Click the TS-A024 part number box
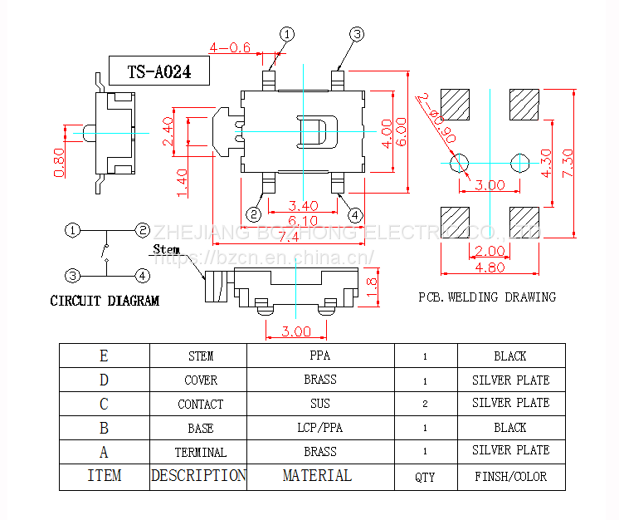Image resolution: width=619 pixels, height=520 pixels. click(158, 72)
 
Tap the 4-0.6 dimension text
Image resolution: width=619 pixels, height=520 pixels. click(230, 47)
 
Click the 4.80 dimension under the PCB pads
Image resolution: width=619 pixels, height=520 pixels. click(490, 267)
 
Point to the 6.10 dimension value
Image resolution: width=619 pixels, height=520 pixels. click(303, 221)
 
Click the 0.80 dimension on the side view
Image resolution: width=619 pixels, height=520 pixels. click(59, 163)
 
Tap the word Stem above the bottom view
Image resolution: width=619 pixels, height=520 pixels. click(166, 249)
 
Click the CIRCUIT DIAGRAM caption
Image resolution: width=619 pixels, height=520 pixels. click(105, 301)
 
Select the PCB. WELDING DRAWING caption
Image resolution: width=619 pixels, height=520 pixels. click(487, 297)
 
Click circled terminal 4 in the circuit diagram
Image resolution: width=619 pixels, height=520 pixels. click(143, 275)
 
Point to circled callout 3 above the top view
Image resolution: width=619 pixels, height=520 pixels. click(357, 34)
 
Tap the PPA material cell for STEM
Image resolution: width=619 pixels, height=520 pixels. click(319, 356)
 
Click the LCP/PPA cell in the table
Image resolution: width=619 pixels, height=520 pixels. click(319, 428)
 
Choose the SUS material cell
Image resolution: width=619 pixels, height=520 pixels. click(319, 404)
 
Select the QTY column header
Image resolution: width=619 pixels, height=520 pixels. click(425, 478)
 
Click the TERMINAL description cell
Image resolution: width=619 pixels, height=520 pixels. click(200, 453)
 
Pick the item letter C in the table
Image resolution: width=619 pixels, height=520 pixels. click(104, 404)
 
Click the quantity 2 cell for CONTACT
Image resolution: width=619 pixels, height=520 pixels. click(425, 404)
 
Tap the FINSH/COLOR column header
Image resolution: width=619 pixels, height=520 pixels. click(510, 478)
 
